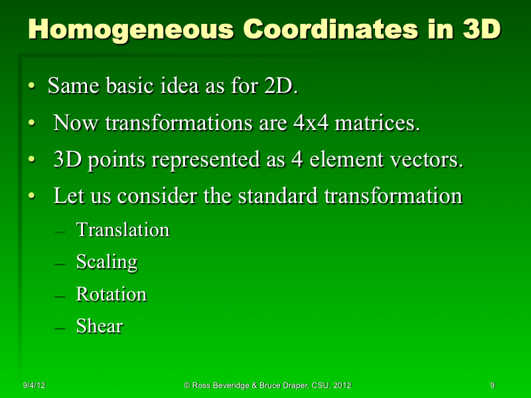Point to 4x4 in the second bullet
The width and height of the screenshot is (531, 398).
[x=310, y=123]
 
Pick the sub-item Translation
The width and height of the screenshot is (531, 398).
[x=123, y=230]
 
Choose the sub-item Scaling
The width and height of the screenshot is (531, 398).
[x=106, y=262]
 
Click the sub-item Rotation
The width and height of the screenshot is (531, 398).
[x=111, y=294]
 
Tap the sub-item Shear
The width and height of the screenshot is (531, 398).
[x=100, y=326]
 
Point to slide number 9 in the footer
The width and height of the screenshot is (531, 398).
[x=493, y=385]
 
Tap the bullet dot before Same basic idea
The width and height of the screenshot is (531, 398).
[x=31, y=87]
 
